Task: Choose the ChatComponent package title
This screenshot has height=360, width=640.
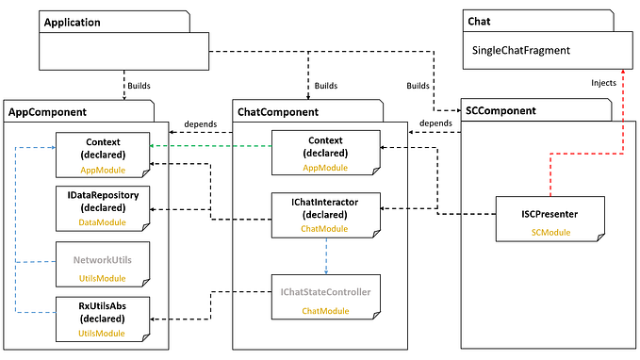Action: tap(279, 111)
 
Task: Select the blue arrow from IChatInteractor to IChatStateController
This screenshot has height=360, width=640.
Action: tap(325, 254)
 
